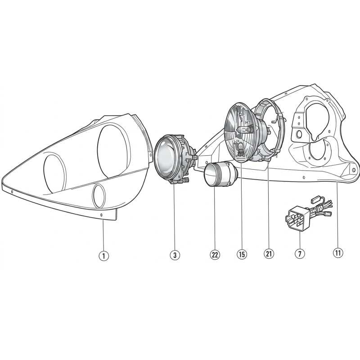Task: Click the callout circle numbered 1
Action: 103,256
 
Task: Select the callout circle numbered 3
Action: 175,255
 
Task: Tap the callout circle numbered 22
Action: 215,255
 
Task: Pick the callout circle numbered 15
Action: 242,254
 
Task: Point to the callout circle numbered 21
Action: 269,254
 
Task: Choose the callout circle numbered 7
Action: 300,253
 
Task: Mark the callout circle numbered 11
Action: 338,252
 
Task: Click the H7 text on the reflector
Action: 248,123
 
